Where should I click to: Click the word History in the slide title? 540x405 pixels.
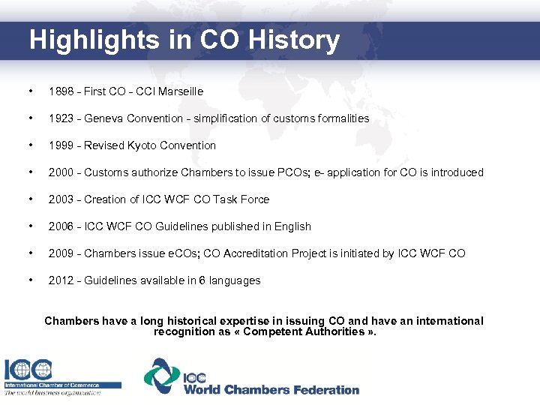(x=295, y=40)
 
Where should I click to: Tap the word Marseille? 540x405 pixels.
(x=179, y=91)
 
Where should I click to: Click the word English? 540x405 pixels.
(x=292, y=226)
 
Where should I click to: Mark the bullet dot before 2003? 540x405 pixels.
(x=29, y=199)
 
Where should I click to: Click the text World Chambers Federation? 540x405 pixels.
(x=271, y=390)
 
